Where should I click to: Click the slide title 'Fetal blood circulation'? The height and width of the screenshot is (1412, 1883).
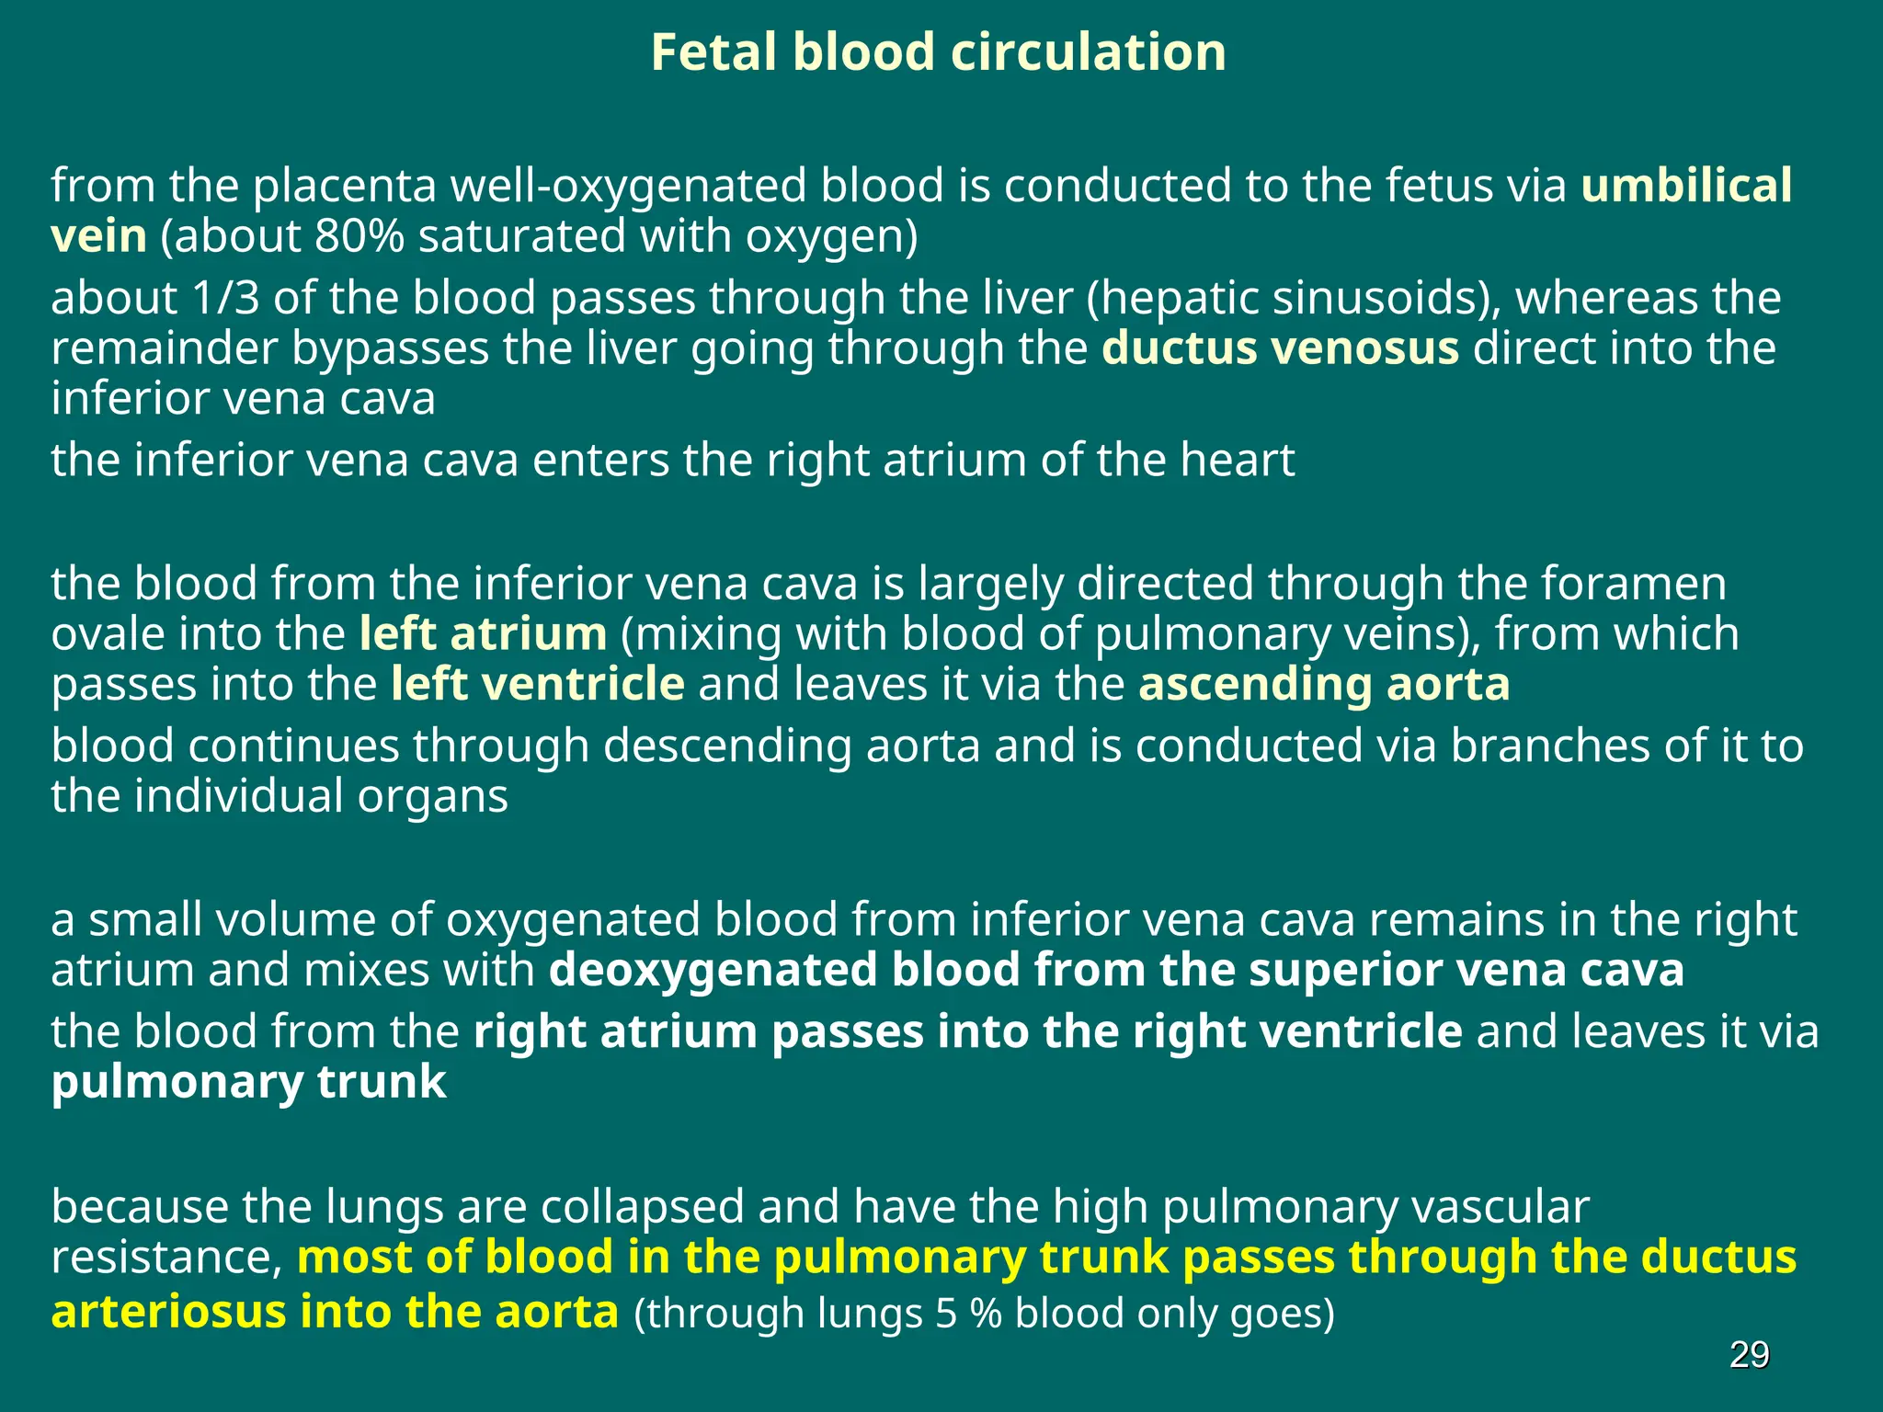tap(938, 52)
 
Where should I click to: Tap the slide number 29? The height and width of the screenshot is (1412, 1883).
tap(1749, 1355)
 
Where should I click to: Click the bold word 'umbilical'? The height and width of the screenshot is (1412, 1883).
tap(1686, 186)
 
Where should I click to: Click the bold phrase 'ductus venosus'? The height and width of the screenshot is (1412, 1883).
tap(1280, 348)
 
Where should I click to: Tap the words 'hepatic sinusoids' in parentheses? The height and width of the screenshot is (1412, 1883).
tap(1290, 298)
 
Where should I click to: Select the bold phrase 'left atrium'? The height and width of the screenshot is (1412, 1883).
tap(483, 634)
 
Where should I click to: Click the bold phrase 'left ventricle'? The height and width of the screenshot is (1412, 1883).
tap(537, 685)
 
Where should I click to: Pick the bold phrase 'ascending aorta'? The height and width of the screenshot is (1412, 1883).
tap(1324, 685)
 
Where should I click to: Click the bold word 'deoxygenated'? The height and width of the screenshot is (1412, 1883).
tap(713, 971)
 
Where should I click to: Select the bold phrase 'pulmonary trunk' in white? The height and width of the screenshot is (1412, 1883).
tap(248, 1082)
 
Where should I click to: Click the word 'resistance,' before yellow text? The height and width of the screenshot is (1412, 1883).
tap(165, 1258)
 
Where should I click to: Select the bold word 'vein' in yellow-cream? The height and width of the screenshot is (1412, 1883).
tap(98, 236)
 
